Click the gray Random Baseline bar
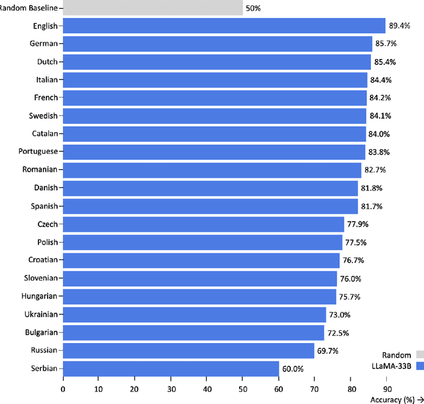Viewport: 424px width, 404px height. (152, 8)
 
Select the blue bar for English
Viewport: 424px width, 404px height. (224, 26)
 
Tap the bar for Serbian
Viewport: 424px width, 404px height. (171, 368)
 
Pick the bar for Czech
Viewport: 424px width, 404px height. (203, 224)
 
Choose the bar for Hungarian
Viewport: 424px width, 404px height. (199, 297)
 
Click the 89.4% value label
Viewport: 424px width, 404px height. (400, 26)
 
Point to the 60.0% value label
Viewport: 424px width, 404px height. (293, 369)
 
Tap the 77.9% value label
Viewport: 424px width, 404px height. (358, 224)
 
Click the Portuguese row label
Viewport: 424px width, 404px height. (38, 152)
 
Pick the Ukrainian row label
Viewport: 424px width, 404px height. (40, 314)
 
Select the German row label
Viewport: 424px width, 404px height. (44, 44)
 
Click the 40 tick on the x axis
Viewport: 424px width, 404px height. (207, 389)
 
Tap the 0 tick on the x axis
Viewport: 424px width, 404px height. (63, 389)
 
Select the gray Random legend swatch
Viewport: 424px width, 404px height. (419, 355)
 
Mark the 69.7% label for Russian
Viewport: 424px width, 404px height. (328, 351)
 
